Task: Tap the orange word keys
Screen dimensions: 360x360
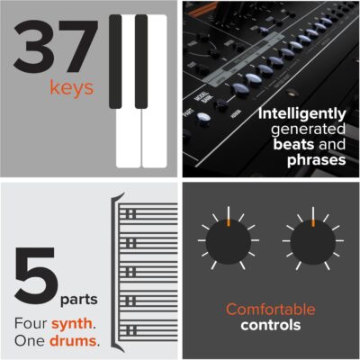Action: (66, 90)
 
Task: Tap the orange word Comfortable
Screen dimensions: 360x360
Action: (271, 310)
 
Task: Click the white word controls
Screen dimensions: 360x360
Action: (271, 325)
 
